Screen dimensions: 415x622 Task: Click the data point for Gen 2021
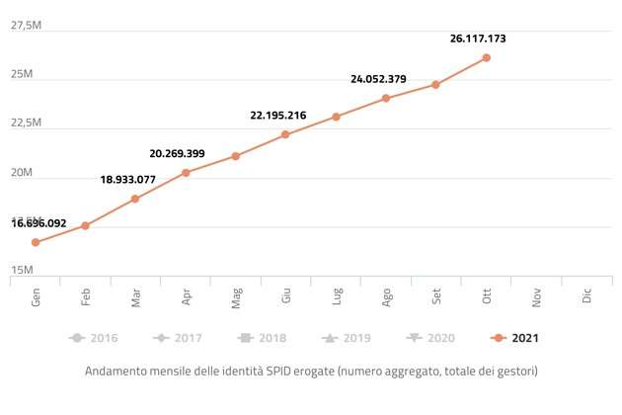pos(36,242)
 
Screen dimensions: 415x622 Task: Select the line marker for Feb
pos(86,225)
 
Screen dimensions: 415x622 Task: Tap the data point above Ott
pos(487,57)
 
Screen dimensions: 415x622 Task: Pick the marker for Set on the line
pos(435,84)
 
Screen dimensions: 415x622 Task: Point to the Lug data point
pos(336,117)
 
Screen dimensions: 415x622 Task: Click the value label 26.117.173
pos(478,39)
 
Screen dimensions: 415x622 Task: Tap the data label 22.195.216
pos(278,116)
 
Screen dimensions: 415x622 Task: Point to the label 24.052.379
pos(378,79)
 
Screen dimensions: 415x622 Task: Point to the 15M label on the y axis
pos(22,270)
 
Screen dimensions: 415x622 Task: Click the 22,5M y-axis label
pos(26,123)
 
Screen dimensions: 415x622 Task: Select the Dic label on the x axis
pos(587,296)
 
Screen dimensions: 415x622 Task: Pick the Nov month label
pos(537,296)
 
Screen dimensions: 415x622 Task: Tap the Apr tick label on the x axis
pos(187,296)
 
